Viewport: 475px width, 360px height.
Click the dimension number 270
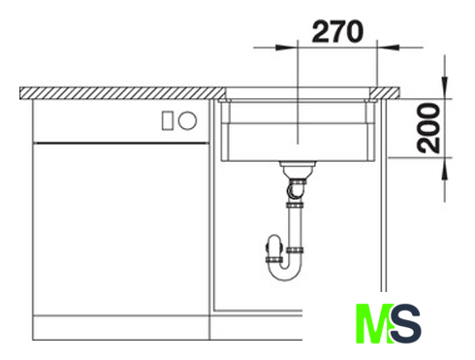(x=337, y=31)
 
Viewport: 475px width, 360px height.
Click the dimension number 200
(x=428, y=128)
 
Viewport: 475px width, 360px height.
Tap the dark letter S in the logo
(x=406, y=323)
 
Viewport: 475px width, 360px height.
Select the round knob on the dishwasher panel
(x=187, y=120)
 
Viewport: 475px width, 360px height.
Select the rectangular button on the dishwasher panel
(x=168, y=120)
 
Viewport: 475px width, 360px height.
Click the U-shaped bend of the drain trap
(x=285, y=271)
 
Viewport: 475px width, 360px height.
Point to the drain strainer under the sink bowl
(x=298, y=169)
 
